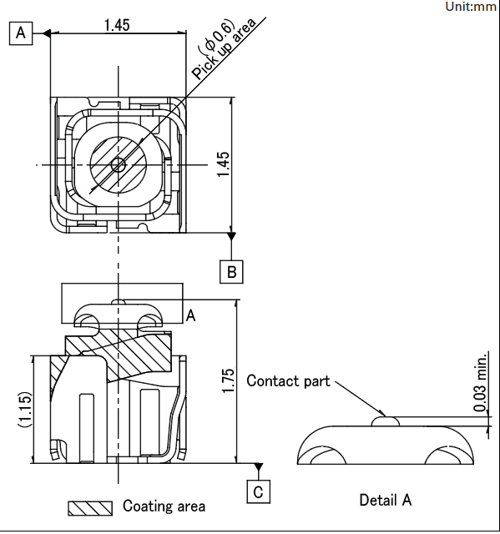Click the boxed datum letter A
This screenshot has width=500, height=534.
click(21, 33)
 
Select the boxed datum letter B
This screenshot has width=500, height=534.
click(231, 272)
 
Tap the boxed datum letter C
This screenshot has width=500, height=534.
click(258, 491)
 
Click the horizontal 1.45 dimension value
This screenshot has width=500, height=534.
click(117, 25)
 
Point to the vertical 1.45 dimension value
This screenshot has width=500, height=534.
click(224, 164)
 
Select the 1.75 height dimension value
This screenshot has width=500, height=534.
click(229, 380)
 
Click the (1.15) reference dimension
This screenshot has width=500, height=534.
click(25, 410)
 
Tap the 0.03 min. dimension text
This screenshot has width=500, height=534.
click(481, 382)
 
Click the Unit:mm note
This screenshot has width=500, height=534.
click(471, 6)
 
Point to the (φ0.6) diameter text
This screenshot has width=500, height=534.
click(218, 38)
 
